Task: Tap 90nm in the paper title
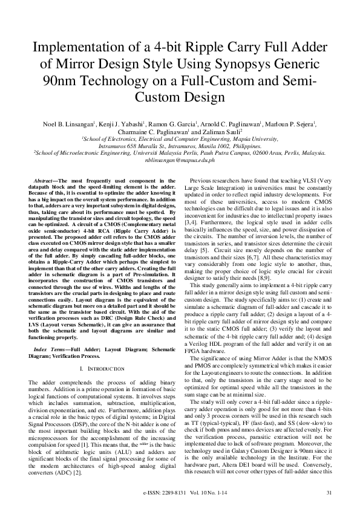(72, 80)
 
